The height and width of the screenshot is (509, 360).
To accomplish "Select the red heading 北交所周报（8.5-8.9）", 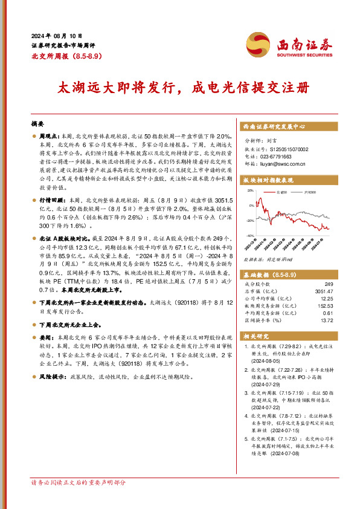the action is point(63,56).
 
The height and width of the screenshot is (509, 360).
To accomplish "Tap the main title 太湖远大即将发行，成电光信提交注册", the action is point(179,87).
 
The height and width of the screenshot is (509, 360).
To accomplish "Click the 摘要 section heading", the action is point(37,123).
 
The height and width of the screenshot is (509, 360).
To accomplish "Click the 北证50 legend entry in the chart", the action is point(282,192).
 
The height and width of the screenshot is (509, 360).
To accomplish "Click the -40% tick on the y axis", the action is point(249,236).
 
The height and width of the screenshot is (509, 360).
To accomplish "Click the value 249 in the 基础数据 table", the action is point(329,284).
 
